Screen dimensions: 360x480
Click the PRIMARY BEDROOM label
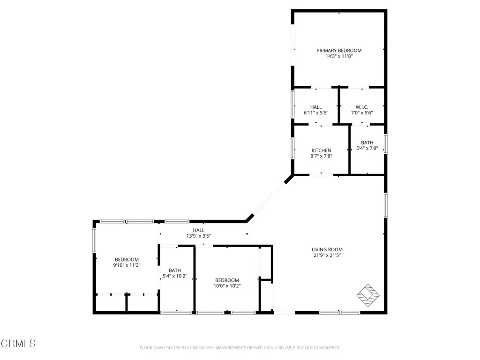pos(339,51)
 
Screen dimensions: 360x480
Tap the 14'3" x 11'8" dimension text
pos(339,56)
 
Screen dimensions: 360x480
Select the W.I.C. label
pos(361,107)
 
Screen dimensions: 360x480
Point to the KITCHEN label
pos(321,150)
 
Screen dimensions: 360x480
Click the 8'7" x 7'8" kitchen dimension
pos(321,156)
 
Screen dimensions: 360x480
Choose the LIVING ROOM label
pos(327,249)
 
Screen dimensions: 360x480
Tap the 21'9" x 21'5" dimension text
pos(327,255)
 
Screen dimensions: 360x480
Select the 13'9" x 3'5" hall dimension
pos(199,236)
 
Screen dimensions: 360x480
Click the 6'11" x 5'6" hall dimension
pos(316,113)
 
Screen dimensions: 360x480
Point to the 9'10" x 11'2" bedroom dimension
pos(127,265)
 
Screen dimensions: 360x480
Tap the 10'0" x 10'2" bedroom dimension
pos(227,286)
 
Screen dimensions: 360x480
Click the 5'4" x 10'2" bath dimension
pos(175,276)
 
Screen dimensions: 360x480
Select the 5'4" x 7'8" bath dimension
pos(367,149)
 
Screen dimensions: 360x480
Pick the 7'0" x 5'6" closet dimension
pos(361,113)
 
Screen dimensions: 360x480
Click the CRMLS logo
pos(18,343)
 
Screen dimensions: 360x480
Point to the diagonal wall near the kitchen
pos(270,199)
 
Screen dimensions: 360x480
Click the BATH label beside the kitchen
pos(367,142)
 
